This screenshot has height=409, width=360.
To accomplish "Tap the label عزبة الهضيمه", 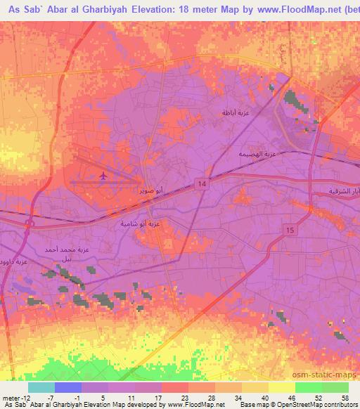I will [x=255, y=154].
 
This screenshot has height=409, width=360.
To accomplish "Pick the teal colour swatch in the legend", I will [x=41, y=387].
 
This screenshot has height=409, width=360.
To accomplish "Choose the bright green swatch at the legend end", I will [x=335, y=387].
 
